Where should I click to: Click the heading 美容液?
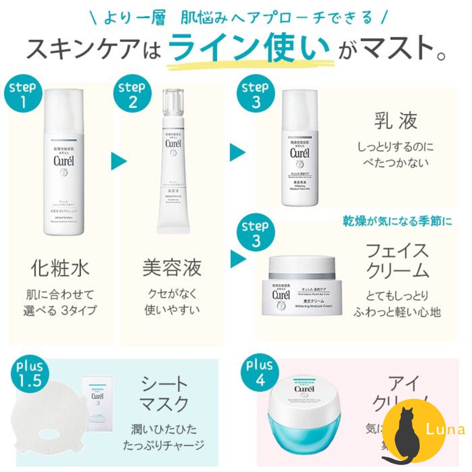pos(172,268)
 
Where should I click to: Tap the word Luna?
pos(445,430)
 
